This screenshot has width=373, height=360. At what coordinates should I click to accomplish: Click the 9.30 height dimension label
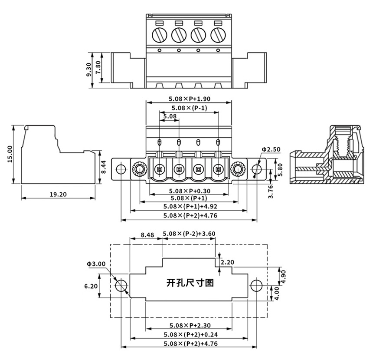[89, 70]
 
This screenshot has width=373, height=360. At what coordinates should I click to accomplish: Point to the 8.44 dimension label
[103, 166]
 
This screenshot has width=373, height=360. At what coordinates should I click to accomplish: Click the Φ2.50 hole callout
[271, 149]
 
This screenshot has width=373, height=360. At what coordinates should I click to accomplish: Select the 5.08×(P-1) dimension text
[189, 108]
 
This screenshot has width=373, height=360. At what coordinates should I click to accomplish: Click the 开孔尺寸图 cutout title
[190, 283]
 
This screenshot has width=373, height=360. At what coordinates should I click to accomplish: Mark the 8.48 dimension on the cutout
[147, 235]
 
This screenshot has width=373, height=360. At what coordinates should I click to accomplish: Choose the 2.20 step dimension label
[227, 262]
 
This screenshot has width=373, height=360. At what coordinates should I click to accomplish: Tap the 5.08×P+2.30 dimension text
[189, 326]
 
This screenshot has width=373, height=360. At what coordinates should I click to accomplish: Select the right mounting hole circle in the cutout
[257, 285]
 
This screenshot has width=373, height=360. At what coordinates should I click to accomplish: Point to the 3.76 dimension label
[271, 190]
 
